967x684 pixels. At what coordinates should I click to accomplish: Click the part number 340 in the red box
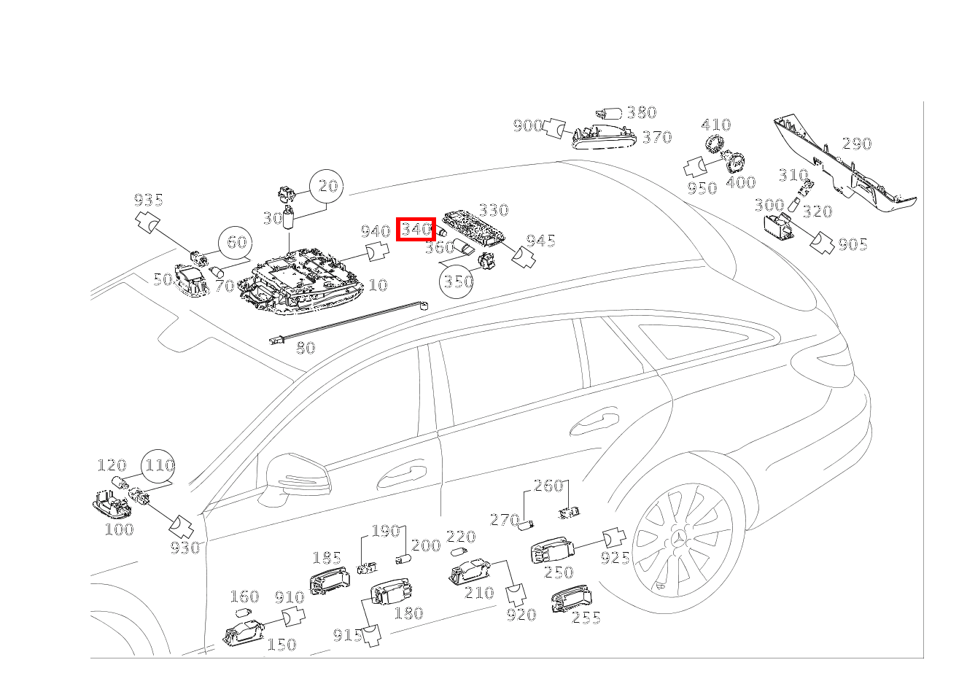coord(416,229)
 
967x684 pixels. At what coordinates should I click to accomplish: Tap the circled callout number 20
coord(327,186)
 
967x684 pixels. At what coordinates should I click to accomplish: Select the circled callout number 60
coord(236,243)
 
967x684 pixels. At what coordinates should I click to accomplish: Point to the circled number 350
coord(456,281)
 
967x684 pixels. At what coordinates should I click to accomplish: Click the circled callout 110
coord(158,466)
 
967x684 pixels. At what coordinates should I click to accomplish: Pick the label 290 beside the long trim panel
coord(857,144)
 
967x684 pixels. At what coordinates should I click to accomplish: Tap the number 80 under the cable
coord(306,348)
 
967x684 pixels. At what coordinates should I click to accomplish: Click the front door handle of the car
coord(401,476)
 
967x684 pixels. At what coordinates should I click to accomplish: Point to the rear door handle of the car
coord(594,424)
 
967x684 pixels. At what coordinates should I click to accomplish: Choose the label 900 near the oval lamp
coord(527,126)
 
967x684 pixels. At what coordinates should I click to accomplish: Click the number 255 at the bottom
coord(586,618)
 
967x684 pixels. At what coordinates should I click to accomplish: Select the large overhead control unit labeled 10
coord(301,281)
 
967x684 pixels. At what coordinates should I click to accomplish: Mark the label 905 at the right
coord(853,245)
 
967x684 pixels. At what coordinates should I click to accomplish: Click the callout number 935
coord(149,200)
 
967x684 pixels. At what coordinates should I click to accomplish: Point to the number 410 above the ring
coord(716,125)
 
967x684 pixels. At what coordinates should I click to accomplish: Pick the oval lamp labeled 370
coord(605,137)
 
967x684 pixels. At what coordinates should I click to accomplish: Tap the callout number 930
coord(185,548)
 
